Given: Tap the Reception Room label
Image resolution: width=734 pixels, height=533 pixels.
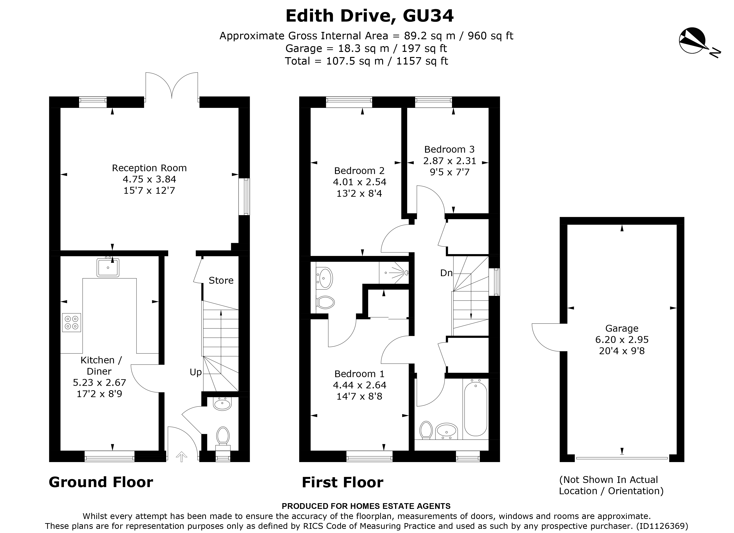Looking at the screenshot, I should [149, 168].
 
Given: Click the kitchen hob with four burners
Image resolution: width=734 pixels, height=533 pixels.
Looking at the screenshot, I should [71, 322].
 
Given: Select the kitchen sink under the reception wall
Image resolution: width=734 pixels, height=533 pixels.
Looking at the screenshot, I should [108, 267].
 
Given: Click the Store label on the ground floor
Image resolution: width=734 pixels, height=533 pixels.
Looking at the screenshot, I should [221, 280].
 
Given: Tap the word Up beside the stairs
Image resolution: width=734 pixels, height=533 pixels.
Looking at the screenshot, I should [196, 372].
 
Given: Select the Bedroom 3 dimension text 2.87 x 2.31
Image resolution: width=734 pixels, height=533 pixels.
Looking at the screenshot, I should [450, 161].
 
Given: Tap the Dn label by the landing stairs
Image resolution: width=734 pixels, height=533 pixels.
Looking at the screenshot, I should [446, 273].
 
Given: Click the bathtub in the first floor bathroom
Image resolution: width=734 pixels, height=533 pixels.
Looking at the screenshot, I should [475, 409].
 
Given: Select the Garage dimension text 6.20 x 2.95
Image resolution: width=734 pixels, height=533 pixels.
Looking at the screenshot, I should [622, 339].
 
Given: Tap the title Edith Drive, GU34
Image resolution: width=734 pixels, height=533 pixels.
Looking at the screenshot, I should [369, 16].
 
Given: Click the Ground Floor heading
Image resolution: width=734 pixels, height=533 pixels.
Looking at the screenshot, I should [101, 482].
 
